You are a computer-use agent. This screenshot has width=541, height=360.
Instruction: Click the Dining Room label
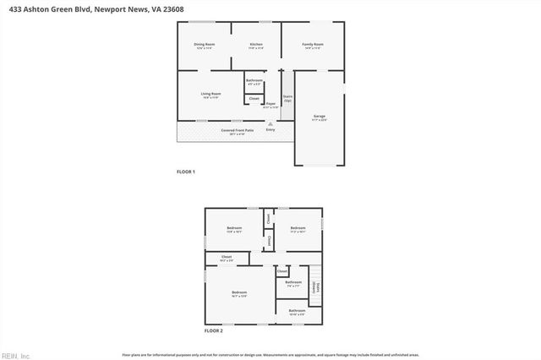tap(204, 44)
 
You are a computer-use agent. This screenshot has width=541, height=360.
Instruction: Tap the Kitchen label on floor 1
tap(255, 44)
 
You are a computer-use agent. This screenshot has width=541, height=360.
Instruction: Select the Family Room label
tap(314, 44)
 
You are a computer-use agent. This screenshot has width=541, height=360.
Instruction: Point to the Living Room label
tap(210, 94)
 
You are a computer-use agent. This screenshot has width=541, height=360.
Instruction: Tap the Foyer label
tap(270, 104)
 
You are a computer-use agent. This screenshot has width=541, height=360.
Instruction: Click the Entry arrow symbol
tap(270, 123)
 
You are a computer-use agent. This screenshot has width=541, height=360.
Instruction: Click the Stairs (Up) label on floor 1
tap(287, 98)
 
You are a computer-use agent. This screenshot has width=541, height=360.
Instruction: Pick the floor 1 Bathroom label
tap(254, 80)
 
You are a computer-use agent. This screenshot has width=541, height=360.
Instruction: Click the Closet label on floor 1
tap(254, 99)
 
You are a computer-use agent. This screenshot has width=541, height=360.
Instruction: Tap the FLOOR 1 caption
tap(186, 172)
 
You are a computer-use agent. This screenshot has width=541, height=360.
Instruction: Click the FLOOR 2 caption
tap(214, 330)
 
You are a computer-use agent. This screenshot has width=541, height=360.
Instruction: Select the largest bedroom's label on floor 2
tap(239, 292)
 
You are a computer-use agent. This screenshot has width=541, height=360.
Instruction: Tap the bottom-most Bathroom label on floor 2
tap(297, 310)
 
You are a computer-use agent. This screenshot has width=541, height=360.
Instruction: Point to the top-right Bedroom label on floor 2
tap(298, 228)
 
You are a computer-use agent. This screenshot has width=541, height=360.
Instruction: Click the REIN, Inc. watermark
tap(15, 355)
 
